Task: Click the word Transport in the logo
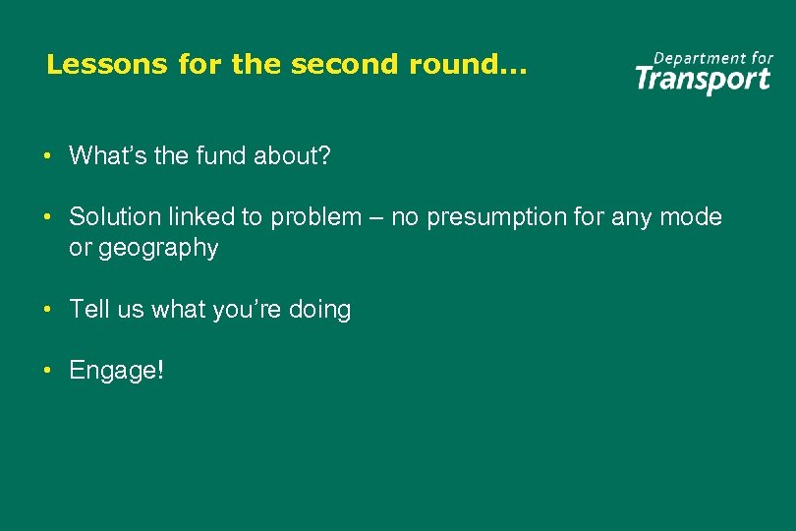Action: (x=702, y=79)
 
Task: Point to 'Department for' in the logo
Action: (x=713, y=58)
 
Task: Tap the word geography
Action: (x=156, y=248)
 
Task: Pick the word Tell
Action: (x=88, y=310)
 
